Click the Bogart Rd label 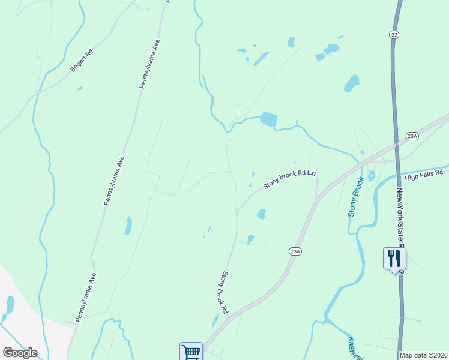click(x=82, y=61)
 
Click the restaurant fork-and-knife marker click(x=394, y=258)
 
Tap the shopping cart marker click(x=191, y=352)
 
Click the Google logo click(x=20, y=353)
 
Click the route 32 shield click(x=394, y=35)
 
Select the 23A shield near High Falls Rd click(x=411, y=136)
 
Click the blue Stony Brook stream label click(x=355, y=197)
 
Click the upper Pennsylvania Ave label click(x=149, y=64)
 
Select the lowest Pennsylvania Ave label click(x=85, y=296)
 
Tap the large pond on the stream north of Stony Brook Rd click(x=268, y=119)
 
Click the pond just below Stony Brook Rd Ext click(x=261, y=214)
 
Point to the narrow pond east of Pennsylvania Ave click(x=128, y=225)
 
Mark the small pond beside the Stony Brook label click(x=371, y=176)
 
